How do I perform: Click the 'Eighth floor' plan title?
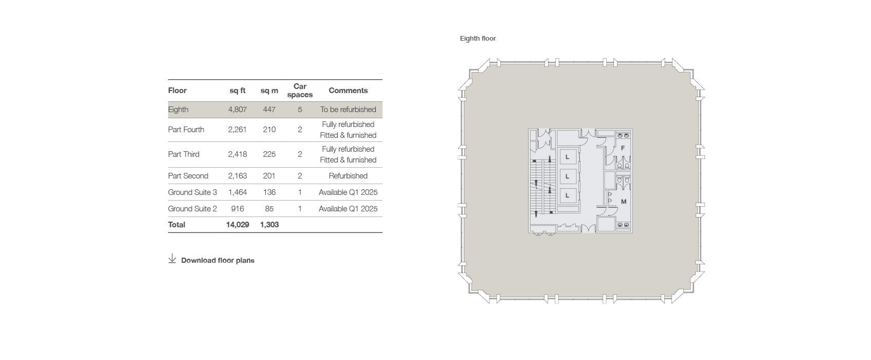point(478,39)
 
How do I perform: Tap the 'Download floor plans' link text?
point(218,260)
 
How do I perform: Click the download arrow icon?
point(172,259)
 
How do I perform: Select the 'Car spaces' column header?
point(300,91)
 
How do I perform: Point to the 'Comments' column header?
point(348,91)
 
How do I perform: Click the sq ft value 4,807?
point(238,110)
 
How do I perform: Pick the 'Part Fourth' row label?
point(186,130)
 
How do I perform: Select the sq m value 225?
point(269,154)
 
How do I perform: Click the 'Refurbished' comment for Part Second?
point(348,176)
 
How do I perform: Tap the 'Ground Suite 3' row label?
point(192,192)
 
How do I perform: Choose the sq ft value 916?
point(238,209)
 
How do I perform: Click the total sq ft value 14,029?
point(238,225)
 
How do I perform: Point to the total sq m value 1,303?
point(269,225)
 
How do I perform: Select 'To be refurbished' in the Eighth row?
point(348,110)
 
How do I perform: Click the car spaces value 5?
point(300,110)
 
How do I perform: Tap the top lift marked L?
point(567,157)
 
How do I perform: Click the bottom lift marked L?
point(567,195)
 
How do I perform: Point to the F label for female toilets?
point(623,148)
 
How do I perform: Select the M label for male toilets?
point(624,202)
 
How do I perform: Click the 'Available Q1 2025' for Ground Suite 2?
point(348,209)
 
